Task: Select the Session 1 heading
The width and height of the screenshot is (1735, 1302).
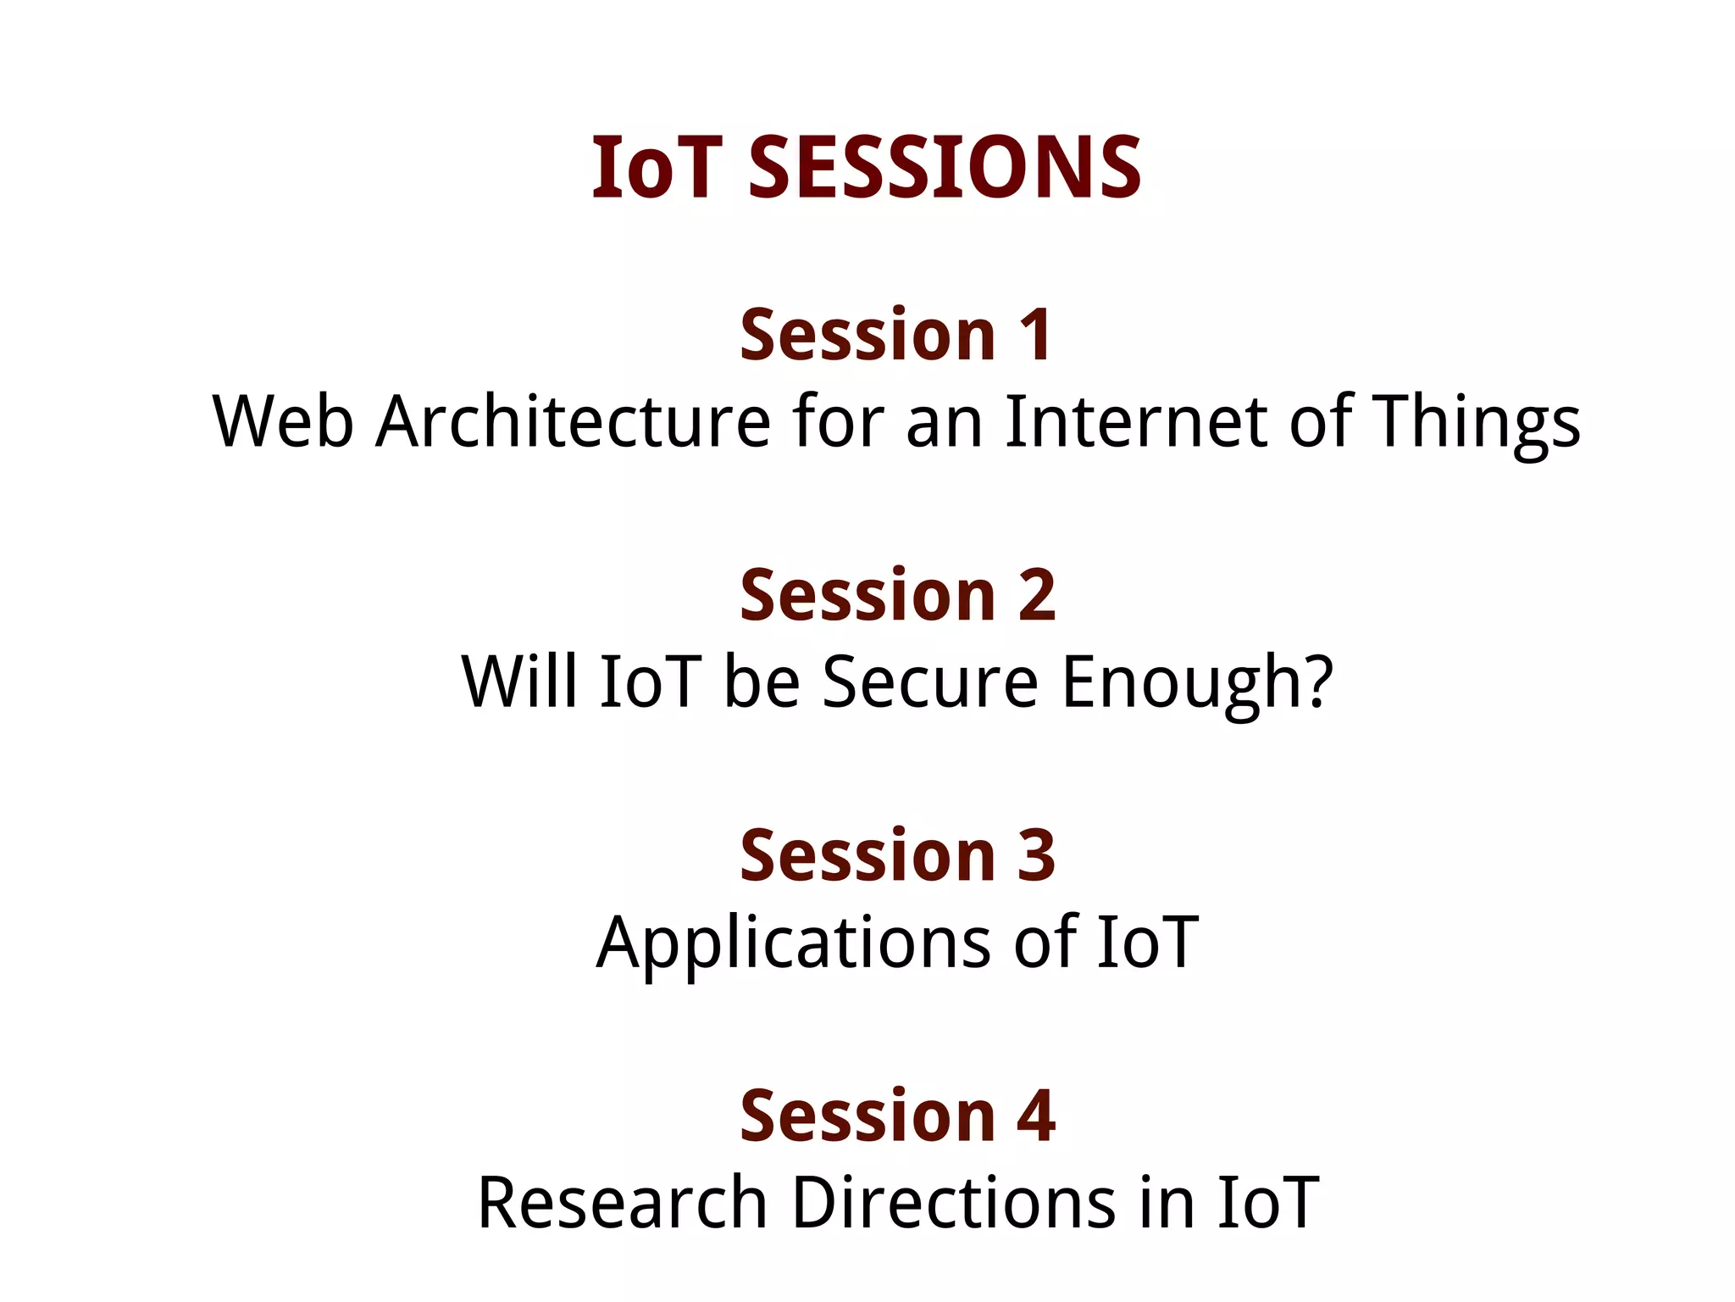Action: point(896,335)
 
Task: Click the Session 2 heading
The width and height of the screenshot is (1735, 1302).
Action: point(898,595)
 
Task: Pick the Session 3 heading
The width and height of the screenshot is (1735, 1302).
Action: point(898,855)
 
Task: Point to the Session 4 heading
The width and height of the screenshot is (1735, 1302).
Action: point(898,1116)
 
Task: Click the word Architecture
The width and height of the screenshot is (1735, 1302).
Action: point(574,421)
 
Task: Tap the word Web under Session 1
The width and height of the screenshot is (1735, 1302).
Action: point(283,421)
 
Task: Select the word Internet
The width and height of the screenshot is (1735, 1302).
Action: point(1136,421)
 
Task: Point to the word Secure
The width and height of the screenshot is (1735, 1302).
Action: point(929,682)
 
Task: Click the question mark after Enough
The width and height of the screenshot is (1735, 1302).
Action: point(1319,682)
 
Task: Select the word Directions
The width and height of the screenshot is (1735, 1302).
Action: point(953,1203)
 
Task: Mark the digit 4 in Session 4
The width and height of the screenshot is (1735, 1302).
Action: point(1035,1116)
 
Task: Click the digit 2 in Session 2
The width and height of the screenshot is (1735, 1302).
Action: point(1036,595)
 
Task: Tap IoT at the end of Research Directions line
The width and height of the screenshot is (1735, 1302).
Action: point(1267,1203)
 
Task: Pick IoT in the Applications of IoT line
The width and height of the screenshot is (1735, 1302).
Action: point(1147,943)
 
